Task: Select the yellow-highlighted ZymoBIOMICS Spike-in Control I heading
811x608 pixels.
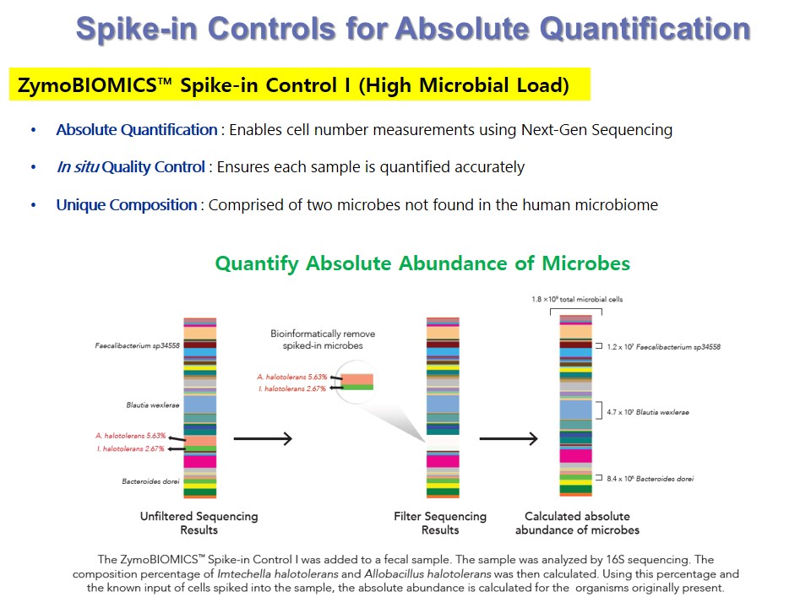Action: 299,84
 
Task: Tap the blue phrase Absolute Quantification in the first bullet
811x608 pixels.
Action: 137,130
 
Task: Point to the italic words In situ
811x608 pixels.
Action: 78,167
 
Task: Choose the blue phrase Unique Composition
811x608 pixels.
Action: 127,204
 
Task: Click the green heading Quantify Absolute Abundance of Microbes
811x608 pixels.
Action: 422,263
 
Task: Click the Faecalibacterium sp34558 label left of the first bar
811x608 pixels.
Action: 137,345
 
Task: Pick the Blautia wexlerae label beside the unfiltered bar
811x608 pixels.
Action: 153,404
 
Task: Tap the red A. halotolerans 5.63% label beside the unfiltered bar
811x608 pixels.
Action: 130,436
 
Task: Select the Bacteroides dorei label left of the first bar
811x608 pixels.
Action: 150,481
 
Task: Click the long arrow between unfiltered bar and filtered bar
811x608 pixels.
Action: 263,439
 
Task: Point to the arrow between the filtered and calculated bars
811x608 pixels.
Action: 509,439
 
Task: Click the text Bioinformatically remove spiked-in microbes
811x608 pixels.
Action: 323,339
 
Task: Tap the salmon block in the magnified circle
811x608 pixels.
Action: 357,379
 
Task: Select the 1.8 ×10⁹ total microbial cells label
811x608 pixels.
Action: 577,299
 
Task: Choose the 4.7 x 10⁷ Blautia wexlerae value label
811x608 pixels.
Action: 648,412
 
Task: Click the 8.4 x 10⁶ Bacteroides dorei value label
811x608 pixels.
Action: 650,479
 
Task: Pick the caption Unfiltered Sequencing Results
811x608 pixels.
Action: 199,523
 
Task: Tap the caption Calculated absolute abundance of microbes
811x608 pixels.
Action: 577,523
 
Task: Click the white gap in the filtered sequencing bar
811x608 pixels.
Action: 443,442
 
